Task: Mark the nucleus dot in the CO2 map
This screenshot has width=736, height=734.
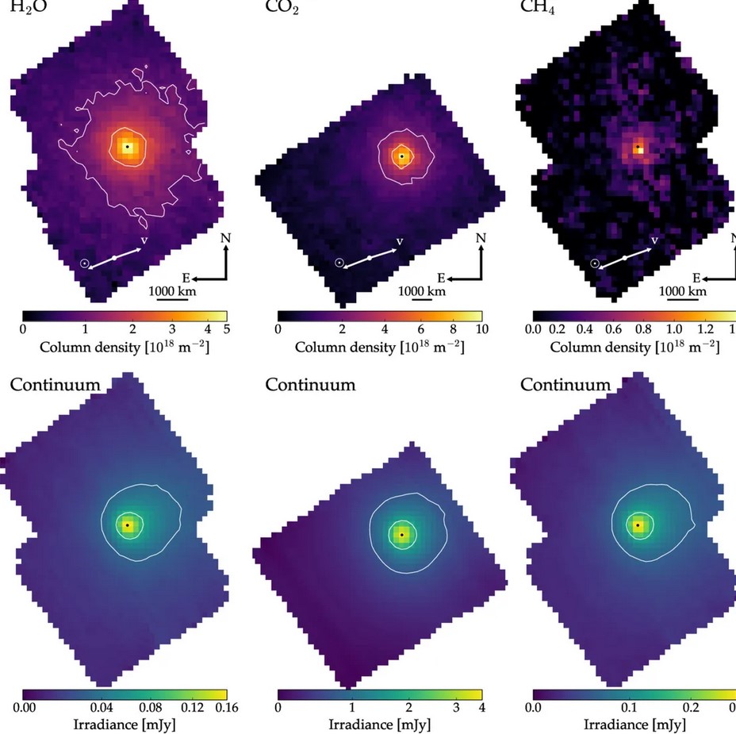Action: click(402, 156)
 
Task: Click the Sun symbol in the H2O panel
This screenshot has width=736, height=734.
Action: click(85, 263)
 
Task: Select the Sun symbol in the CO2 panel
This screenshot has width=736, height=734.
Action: click(340, 263)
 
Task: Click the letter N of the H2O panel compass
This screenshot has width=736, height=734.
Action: click(226, 237)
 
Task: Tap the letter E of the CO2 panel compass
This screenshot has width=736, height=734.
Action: click(442, 279)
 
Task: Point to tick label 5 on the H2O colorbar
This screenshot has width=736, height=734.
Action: click(226, 329)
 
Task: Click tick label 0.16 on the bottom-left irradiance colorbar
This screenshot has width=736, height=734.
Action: click(224, 707)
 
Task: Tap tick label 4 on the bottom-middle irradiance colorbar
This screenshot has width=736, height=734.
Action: click(481, 707)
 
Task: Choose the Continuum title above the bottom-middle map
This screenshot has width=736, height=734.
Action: click(310, 386)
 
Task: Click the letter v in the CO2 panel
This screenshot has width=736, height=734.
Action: click(399, 240)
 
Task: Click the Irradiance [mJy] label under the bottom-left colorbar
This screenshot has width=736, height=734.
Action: click(125, 724)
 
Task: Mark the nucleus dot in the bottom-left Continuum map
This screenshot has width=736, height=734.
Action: click(127, 525)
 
